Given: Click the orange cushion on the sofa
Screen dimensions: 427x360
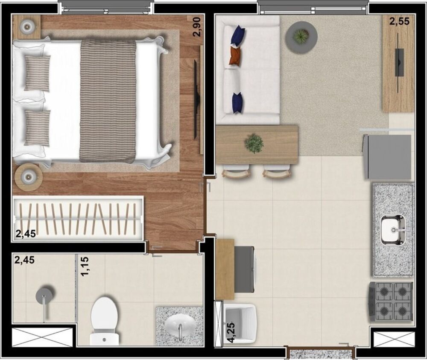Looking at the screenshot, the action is point(235,56).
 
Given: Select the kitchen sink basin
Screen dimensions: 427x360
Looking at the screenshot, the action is point(393,230).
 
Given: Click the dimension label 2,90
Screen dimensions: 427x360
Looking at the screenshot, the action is point(196,26).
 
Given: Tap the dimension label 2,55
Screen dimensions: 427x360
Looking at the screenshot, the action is point(399,21).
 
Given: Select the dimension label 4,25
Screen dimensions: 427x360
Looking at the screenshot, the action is point(231,332).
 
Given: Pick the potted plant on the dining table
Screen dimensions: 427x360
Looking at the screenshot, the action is point(254,143).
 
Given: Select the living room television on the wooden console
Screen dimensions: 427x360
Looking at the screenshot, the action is point(399,62).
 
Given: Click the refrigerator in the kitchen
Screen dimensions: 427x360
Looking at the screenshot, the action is point(387,157).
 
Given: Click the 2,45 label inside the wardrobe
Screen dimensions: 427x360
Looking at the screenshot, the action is point(26,234).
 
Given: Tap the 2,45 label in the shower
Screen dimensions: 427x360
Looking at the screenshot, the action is point(24,260).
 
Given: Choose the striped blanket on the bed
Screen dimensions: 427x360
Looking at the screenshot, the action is point(108,101).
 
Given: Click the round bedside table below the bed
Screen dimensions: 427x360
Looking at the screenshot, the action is point(28,177).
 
